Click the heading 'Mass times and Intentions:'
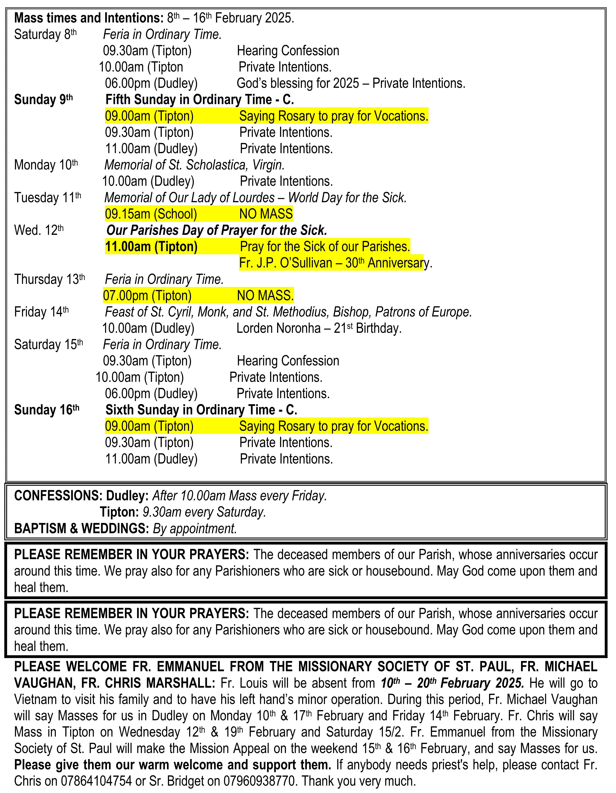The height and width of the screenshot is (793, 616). [x=89, y=18]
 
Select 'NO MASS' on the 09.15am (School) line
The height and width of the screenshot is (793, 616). [x=266, y=214]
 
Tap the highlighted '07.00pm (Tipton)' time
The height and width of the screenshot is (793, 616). [x=147, y=296]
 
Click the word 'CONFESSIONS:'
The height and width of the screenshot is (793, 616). [x=58, y=496]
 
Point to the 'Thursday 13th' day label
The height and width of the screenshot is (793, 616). [x=49, y=279]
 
